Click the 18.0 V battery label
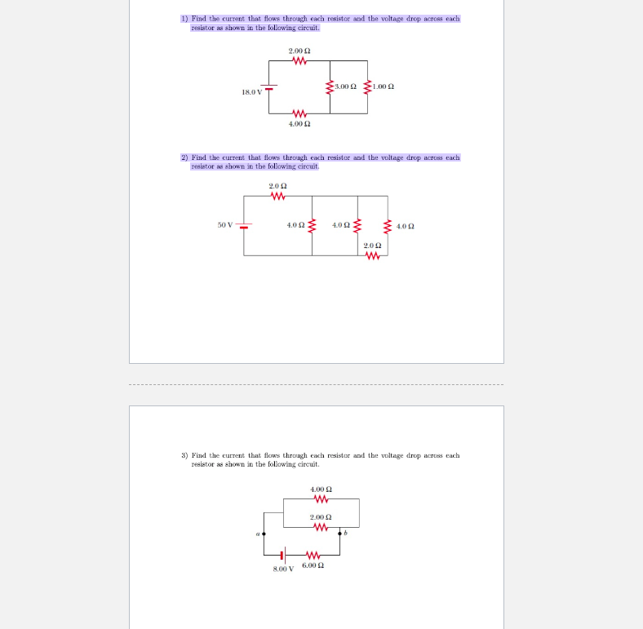(x=251, y=92)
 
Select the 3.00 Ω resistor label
(x=346, y=86)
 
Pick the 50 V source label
(x=225, y=224)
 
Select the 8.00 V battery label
(x=282, y=568)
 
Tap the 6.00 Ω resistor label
(x=313, y=565)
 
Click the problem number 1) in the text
(x=184, y=18)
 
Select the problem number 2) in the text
(x=184, y=157)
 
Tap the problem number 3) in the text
(x=184, y=455)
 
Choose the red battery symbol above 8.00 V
(x=283, y=553)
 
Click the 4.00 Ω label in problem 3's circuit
(x=321, y=489)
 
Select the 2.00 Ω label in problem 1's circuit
(x=299, y=51)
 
